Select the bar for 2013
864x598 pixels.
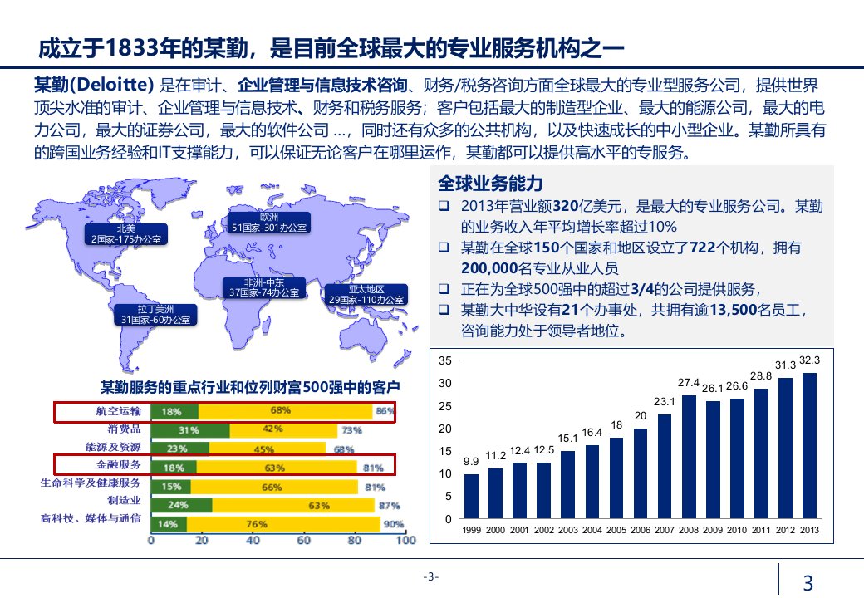click(808, 446)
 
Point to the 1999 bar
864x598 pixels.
click(471, 496)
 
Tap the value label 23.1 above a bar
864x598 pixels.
click(664, 402)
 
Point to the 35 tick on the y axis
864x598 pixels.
click(445, 361)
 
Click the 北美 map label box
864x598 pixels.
click(127, 233)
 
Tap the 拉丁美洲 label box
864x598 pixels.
click(155, 313)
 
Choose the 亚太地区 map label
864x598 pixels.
click(366, 294)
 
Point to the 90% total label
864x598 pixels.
click(394, 524)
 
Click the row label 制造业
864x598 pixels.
click(124, 501)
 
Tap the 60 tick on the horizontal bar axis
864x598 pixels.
click(303, 541)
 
